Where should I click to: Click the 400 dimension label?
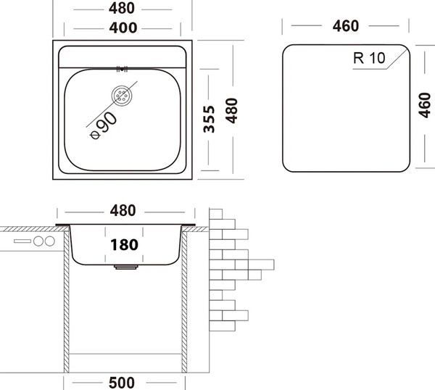123,28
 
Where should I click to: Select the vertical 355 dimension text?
210,119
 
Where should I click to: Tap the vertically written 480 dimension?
231,110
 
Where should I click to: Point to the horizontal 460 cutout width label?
346,26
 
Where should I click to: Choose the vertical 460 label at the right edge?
424,105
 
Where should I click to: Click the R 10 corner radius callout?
369,58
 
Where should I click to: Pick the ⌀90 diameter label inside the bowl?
104,125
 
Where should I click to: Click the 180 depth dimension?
124,245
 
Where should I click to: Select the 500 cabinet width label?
122,383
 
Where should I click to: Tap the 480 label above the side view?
123,211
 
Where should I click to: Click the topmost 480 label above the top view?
122,8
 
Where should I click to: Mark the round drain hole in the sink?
122,95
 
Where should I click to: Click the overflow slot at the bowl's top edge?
122,69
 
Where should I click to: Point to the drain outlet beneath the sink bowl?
126,267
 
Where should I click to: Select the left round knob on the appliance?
38,241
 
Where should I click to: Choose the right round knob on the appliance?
50,241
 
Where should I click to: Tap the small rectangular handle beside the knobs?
22,241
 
